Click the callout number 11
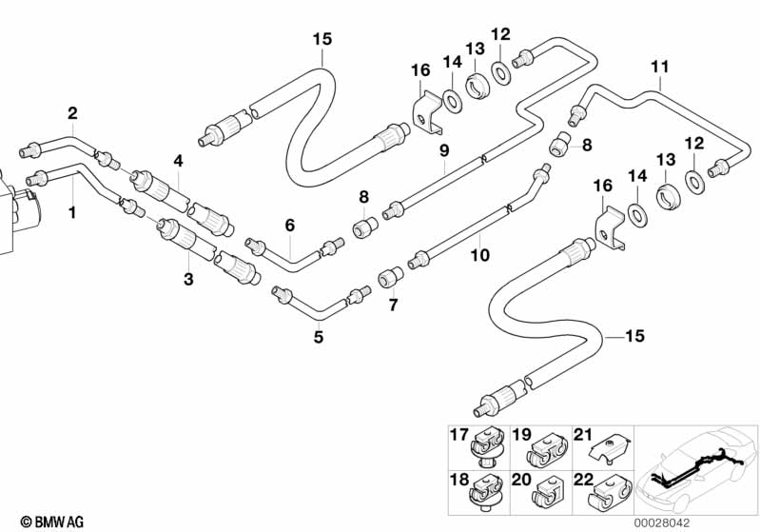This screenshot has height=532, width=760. (x=660, y=67)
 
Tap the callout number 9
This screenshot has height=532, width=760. (x=444, y=150)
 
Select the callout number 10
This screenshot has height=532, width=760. (x=480, y=255)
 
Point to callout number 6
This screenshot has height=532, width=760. (x=289, y=225)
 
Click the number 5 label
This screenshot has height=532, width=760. (x=318, y=337)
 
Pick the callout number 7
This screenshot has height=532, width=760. (x=393, y=305)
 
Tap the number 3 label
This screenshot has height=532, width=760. (x=188, y=279)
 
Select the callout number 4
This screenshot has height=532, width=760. (x=179, y=161)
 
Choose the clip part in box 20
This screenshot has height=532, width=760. (x=549, y=495)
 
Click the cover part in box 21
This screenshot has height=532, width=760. (x=610, y=449)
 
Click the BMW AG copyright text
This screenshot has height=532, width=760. (x=52, y=522)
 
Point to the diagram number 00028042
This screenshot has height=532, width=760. (x=662, y=522)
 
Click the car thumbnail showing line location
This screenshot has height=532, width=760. (x=696, y=470)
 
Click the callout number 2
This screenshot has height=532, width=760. (x=72, y=113)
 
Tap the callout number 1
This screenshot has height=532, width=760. (x=72, y=212)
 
